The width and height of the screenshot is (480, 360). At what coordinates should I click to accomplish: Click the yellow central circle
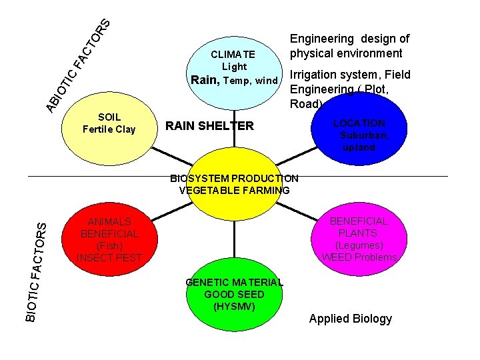coord(234,190)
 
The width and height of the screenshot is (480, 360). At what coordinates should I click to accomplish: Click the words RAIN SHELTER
coord(209,125)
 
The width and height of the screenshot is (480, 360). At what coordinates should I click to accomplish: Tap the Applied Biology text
coord(351,319)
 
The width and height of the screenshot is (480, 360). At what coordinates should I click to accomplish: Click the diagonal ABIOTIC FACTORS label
coord(77,63)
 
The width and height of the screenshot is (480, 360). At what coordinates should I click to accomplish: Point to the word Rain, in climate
coord(206,81)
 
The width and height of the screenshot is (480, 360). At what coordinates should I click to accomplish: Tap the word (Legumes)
coord(360,245)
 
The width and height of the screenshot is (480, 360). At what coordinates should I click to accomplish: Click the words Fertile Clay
coord(109,129)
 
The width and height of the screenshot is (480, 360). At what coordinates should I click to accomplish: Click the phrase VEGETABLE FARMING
coord(234,190)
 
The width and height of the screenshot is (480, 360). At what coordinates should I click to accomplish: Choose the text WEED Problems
coord(360,257)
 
